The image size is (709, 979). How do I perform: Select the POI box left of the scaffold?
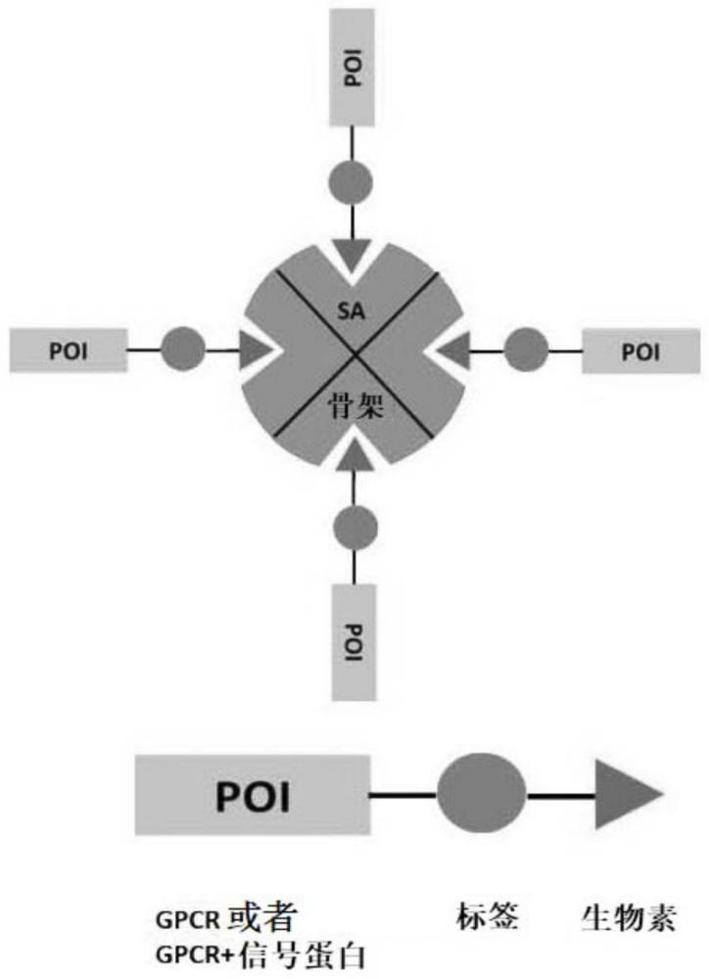click(69, 350)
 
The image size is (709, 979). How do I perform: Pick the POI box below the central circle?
click(354, 640)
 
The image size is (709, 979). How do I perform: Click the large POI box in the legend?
click(252, 794)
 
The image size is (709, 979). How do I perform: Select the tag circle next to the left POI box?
click(182, 349)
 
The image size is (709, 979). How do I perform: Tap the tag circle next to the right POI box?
click(526, 349)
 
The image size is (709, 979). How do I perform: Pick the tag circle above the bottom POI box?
click(354, 527)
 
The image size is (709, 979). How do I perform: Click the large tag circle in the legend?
click(481, 794)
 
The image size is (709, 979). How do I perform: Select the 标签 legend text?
click(487, 917)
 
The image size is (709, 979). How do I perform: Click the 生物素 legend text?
click(628, 919)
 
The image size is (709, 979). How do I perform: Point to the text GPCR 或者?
click(226, 920)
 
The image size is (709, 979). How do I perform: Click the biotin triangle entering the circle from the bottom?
click(354, 452)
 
